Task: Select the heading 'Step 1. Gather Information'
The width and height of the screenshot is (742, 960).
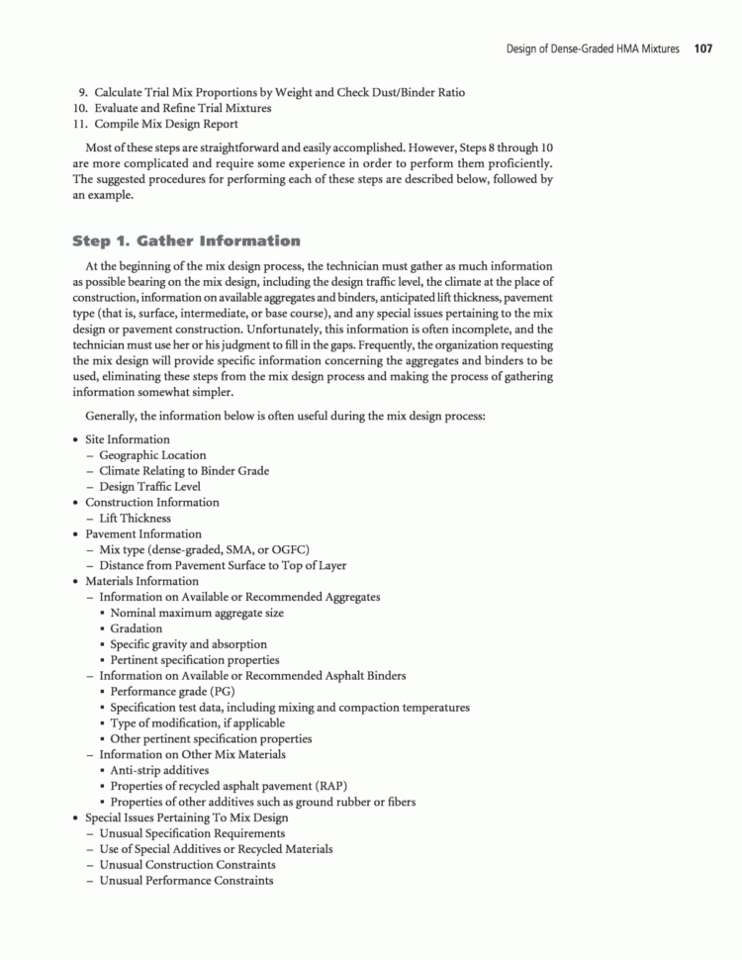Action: [186, 240]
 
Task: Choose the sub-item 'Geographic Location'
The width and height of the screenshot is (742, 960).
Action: [152, 455]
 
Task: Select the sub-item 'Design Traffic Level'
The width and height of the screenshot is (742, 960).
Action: [149, 487]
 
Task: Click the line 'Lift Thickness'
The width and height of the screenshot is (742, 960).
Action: [135, 518]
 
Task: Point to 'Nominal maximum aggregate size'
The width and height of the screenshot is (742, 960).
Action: [197, 613]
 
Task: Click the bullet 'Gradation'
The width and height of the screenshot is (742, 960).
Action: [137, 628]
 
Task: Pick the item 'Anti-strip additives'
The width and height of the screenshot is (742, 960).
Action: [159, 770]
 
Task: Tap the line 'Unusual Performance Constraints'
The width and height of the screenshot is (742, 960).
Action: [186, 881]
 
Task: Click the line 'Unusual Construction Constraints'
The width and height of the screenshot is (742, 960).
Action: [187, 865]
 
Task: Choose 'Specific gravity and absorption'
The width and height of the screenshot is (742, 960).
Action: [188, 644]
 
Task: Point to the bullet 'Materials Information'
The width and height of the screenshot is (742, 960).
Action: [141, 581]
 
